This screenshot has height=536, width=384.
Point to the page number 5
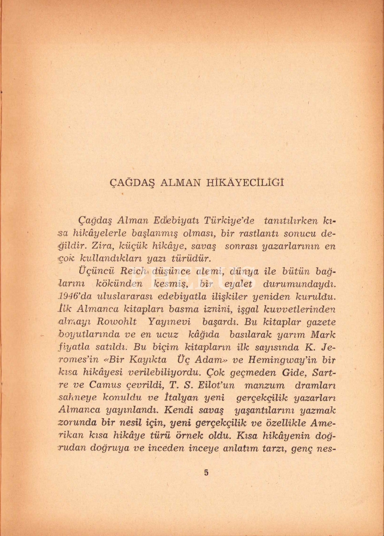tap(206, 472)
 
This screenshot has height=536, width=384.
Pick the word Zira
tap(102, 246)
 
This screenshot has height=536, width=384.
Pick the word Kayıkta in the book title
tap(147, 360)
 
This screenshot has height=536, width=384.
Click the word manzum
tap(265, 386)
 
